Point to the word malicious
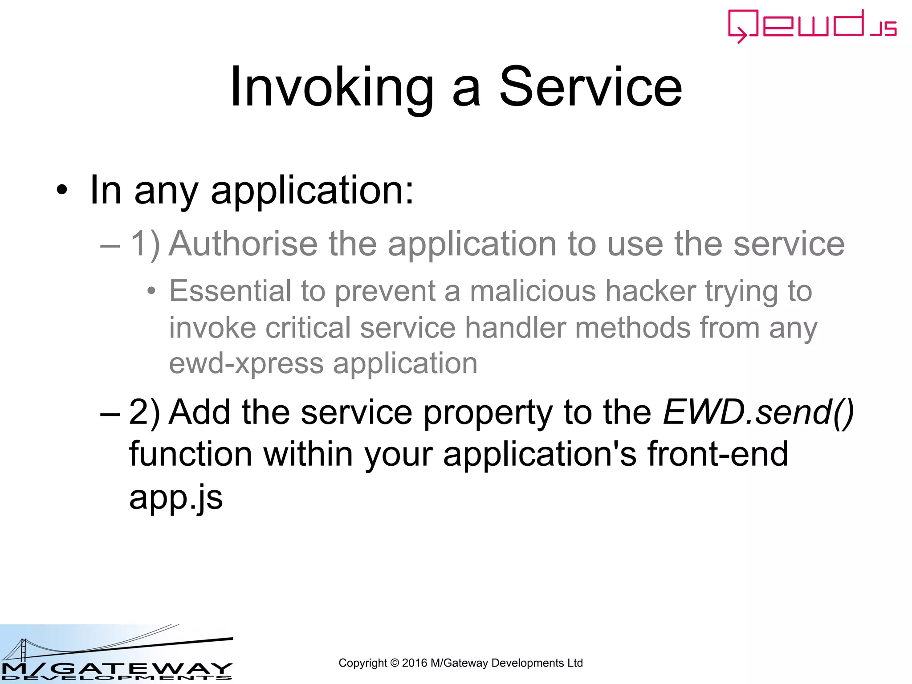[533, 291]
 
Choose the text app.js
[176, 497]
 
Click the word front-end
[717, 454]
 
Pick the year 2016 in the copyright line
[414, 663]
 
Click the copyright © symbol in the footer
[395, 663]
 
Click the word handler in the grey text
[515, 328]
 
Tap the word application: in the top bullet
[312, 191]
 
